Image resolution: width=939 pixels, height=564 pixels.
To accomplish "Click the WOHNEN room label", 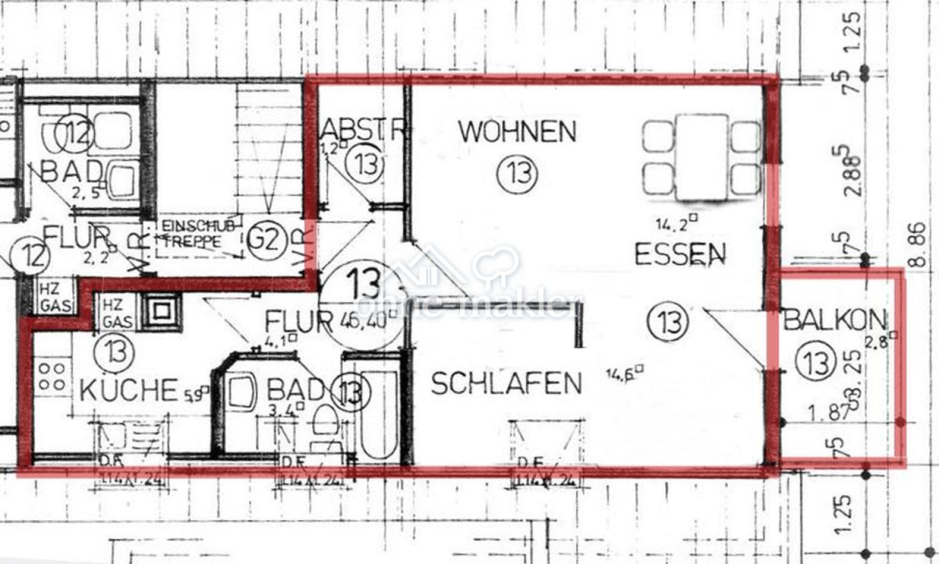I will pos(517,132).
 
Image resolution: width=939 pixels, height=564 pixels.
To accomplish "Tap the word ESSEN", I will pos(679,254).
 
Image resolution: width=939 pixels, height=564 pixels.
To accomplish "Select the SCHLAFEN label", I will pos(506,384).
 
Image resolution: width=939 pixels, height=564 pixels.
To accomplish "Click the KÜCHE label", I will pos(129,390).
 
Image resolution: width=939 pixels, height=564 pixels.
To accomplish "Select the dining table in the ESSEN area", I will pos(702,157).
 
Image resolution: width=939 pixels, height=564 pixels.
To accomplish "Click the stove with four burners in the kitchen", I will pos(51,376).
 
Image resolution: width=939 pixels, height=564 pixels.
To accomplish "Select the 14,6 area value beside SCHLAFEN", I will pos(625,375).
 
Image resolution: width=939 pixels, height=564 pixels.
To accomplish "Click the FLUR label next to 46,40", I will pos(298,321).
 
